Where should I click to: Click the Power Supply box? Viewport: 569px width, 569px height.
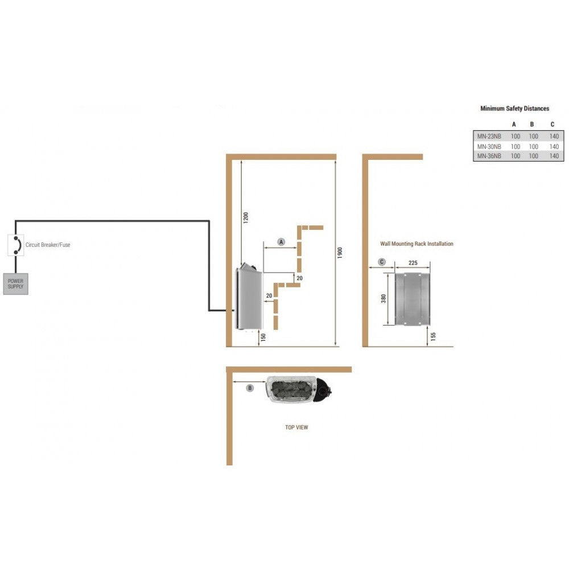(15, 284)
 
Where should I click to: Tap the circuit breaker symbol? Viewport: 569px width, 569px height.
(15, 245)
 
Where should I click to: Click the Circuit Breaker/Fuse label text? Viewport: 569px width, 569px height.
(48, 245)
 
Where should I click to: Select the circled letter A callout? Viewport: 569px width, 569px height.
(281, 242)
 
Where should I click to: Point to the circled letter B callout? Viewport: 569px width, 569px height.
(250, 388)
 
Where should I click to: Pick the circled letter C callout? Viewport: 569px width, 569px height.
(382, 262)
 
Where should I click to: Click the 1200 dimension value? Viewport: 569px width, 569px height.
(246, 218)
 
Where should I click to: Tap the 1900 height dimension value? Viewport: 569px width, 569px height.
(340, 253)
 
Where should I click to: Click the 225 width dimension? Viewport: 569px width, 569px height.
(413, 263)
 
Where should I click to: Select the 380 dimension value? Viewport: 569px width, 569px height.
(384, 298)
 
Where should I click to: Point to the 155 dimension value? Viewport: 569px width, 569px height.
(433, 336)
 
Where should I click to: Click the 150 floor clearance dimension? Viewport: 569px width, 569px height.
(263, 337)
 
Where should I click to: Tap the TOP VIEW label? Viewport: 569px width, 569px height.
(296, 427)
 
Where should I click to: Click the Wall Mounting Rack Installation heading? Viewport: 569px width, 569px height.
(417, 244)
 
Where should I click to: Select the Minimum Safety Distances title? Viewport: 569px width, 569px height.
(514, 109)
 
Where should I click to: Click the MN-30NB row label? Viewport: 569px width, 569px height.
(489, 147)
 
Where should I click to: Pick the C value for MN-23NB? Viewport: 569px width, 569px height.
(554, 137)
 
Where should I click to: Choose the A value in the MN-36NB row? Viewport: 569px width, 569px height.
(516, 156)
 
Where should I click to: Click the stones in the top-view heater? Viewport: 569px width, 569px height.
(290, 389)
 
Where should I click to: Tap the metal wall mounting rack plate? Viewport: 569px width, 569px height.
(412, 299)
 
